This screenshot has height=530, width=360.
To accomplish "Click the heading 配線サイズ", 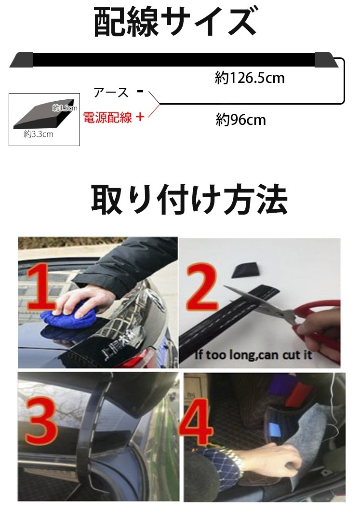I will pos(174,22).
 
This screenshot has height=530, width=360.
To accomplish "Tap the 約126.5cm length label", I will pos(250,78).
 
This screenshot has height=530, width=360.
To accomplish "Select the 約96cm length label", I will pos(240,120).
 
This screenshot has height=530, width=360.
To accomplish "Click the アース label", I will pos(111,93).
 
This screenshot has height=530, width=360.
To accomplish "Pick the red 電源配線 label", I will pos(107,118).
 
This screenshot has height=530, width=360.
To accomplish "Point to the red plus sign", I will pos(140,117).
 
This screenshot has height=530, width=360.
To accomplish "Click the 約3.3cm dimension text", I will pos(39,135).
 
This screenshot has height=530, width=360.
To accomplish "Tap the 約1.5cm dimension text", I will pos(65,109).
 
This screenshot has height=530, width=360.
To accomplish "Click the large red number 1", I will pos(43,290).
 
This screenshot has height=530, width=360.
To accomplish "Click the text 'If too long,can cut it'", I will pos(253,355).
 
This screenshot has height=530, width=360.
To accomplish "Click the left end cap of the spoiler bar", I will pos(21,60).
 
